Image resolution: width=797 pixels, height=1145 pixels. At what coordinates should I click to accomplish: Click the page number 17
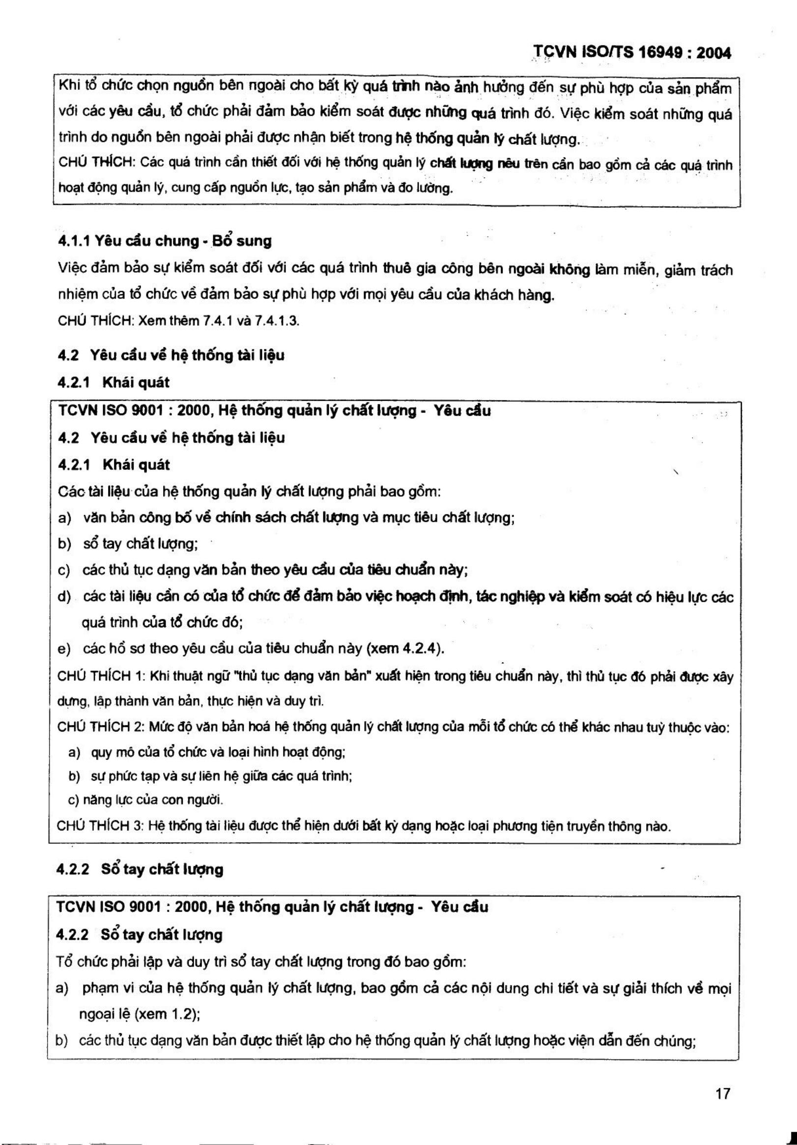click(723, 1093)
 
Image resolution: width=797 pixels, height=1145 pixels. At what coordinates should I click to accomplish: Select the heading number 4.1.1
click(74, 241)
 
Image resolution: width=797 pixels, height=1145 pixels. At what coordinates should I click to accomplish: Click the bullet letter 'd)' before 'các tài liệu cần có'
click(64, 596)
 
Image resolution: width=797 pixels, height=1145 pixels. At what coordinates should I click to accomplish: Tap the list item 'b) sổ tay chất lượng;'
click(128, 544)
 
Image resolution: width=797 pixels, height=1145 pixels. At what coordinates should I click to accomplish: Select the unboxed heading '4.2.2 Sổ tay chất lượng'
click(140, 869)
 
